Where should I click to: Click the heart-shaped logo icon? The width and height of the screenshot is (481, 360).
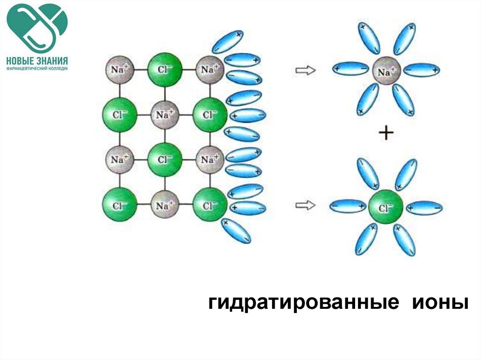coord(37,27)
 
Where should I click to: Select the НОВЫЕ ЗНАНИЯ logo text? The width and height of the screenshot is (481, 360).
coord(37,61)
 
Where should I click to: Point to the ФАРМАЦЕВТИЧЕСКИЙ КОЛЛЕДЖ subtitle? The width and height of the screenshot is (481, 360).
coord(37,69)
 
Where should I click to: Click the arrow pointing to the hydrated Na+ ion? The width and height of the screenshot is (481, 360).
coord(305,70)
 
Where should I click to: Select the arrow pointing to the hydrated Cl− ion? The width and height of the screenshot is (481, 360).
coord(305,205)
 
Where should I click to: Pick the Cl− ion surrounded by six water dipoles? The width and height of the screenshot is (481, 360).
coord(386,207)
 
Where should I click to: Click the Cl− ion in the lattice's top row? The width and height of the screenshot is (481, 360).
coord(164,69)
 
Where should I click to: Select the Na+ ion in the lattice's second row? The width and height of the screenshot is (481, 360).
coord(165,114)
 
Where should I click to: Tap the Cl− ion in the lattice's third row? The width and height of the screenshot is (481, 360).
coord(164,159)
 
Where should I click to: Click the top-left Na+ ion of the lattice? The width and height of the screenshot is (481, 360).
coord(120,69)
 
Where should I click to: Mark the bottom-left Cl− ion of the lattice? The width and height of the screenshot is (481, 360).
coord(120,205)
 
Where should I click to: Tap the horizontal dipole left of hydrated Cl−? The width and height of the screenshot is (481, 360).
coord(348,206)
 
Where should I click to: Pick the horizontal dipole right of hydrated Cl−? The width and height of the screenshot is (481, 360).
coord(424,207)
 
